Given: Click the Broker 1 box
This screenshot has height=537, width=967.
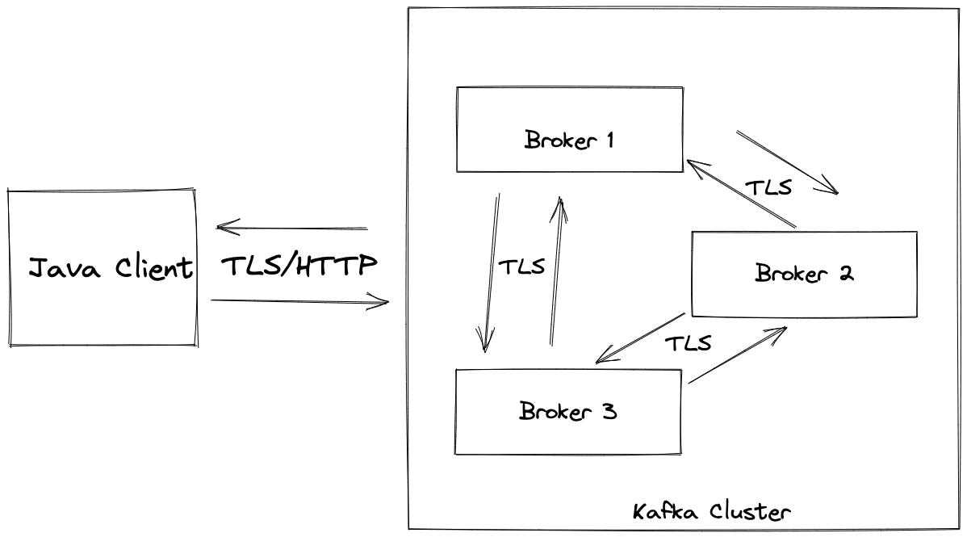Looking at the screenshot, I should pos(569,129).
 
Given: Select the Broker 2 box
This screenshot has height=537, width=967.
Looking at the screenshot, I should pos(804,275).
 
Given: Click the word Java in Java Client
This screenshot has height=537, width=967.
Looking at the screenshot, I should pos(65,268).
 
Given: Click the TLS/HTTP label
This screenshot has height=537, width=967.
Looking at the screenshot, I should pos(299,266).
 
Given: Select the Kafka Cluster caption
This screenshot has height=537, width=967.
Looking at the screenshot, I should pos(711,511).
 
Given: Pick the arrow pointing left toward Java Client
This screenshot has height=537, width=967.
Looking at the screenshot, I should pos(292,229).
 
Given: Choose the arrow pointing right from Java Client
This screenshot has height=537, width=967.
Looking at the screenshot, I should pos(299,302).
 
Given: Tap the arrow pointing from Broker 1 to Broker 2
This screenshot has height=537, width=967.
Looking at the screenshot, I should pos(787,162).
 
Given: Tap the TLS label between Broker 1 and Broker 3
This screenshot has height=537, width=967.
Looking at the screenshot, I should pos(521,267).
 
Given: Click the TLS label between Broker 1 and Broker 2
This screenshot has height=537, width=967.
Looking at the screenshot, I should pos(768,188).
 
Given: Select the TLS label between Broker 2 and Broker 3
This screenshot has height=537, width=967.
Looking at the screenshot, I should pos(688,343).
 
